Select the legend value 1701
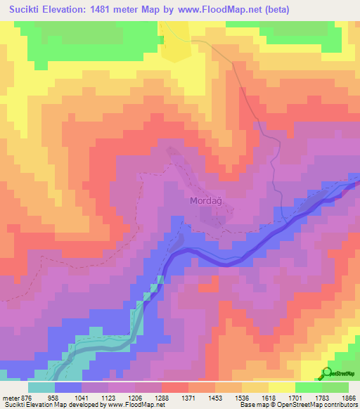(x=314, y=397)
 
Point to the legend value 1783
(x=342, y=397)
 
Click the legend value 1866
(x=351, y=397)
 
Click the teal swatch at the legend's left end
(x=41, y=387)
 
